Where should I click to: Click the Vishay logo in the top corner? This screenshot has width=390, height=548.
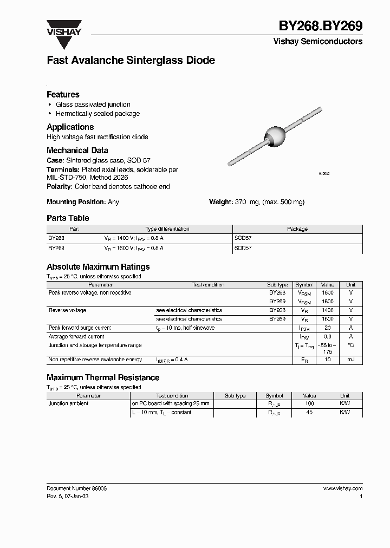tap(63, 28)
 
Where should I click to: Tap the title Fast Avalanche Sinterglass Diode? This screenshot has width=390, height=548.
tap(131, 61)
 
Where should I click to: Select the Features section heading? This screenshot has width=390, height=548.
tap(63, 94)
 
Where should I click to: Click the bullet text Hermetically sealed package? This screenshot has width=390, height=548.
tap(97, 114)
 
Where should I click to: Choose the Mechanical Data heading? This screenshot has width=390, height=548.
tap(77, 151)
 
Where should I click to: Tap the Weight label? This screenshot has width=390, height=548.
tap(221, 202)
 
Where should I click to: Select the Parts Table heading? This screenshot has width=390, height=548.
tap(68, 218)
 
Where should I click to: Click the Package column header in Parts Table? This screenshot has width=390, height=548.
tap(297, 229)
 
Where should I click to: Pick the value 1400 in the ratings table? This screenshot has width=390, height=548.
tap(327, 310)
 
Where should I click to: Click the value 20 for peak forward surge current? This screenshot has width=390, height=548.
tap(327, 328)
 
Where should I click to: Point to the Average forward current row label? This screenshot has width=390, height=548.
tap(76, 337)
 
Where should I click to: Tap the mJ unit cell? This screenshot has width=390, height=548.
tap(351, 360)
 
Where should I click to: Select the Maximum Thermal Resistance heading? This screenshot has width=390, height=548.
tap(103, 377)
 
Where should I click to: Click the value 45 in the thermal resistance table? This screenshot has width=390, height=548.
tap(309, 413)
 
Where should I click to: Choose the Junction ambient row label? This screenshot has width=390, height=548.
tap(68, 404)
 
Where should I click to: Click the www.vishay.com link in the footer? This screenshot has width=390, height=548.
tap(342, 488)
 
